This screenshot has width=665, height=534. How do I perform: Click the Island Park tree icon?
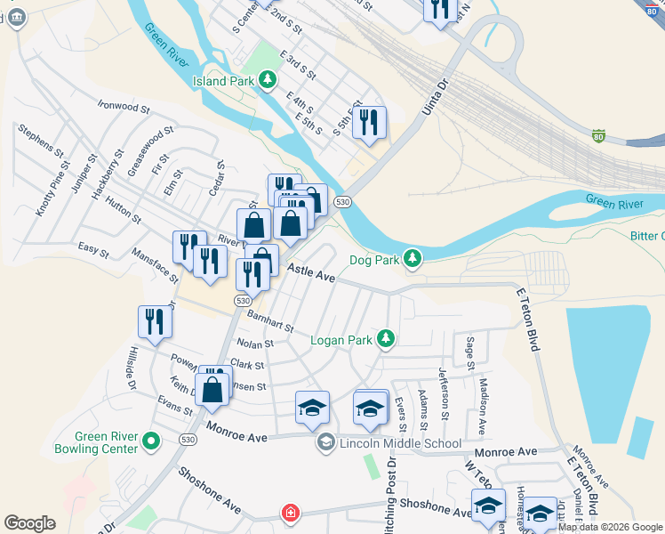(x=267, y=81)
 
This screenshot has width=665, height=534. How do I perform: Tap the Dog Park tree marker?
(x=412, y=259)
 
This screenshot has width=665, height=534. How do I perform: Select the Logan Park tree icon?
(x=385, y=339)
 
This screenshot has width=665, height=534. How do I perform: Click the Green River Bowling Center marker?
(x=151, y=440)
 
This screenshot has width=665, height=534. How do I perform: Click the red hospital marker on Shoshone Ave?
(x=289, y=513)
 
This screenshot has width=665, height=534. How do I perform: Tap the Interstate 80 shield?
(x=598, y=137)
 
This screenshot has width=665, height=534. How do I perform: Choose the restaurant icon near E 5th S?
(x=369, y=123)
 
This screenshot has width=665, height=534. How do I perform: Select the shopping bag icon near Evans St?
(x=212, y=391)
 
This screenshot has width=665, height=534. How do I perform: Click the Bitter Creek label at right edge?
(x=647, y=236)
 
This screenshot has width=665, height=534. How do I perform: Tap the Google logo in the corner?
(x=29, y=523)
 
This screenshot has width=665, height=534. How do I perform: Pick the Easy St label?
(x=92, y=253)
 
